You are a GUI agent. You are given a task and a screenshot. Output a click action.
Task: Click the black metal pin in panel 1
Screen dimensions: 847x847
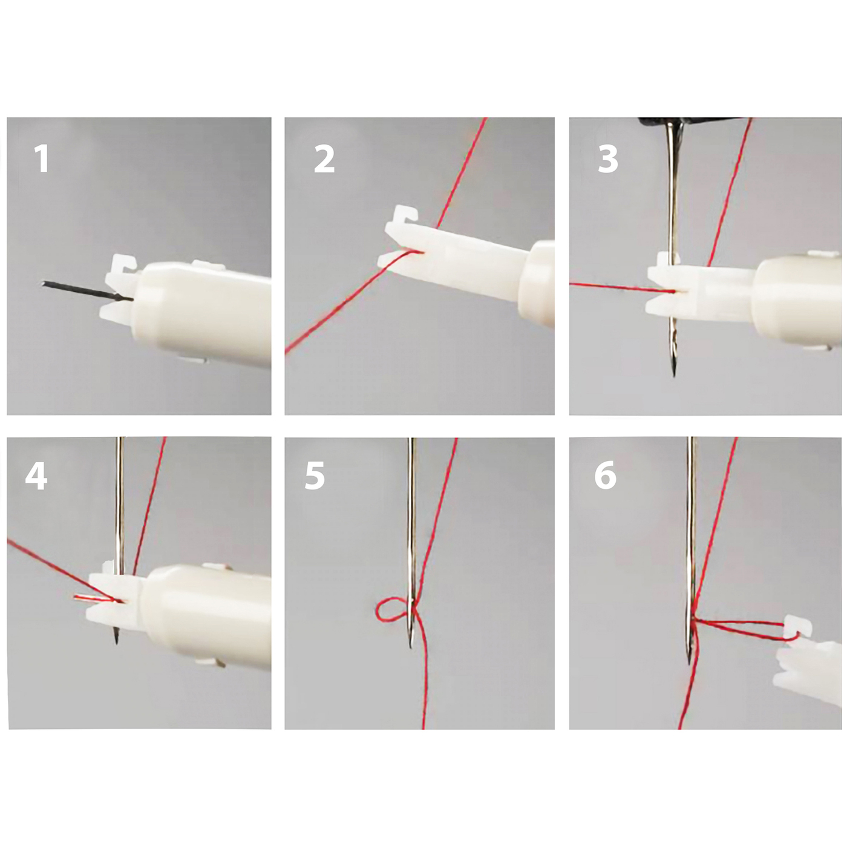88,292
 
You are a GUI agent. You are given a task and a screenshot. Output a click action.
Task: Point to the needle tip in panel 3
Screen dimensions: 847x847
673,375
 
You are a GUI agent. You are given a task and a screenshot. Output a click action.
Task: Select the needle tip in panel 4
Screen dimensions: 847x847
117,642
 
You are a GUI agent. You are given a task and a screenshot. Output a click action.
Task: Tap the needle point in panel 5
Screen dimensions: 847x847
411,646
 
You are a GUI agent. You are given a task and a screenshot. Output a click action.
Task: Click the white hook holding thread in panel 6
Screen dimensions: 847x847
797,628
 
